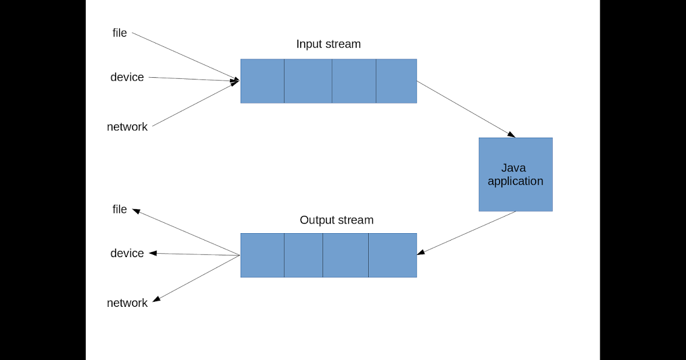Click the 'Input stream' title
(328, 44)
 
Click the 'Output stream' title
(336, 220)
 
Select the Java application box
(515, 174)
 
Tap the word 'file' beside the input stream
(119, 33)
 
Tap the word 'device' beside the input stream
(127, 77)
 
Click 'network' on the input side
(127, 127)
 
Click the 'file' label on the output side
(119, 210)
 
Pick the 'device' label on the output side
(127, 253)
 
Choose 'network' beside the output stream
(127, 303)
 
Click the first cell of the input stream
(262, 81)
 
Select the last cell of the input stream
(396, 81)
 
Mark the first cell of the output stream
(262, 255)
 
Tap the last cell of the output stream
(392, 255)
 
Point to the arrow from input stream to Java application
(466, 109)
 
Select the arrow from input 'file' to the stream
(186, 57)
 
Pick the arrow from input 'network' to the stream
(194, 104)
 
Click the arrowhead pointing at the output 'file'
(136, 211)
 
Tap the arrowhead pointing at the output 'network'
(155, 299)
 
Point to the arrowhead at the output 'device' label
(153, 253)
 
